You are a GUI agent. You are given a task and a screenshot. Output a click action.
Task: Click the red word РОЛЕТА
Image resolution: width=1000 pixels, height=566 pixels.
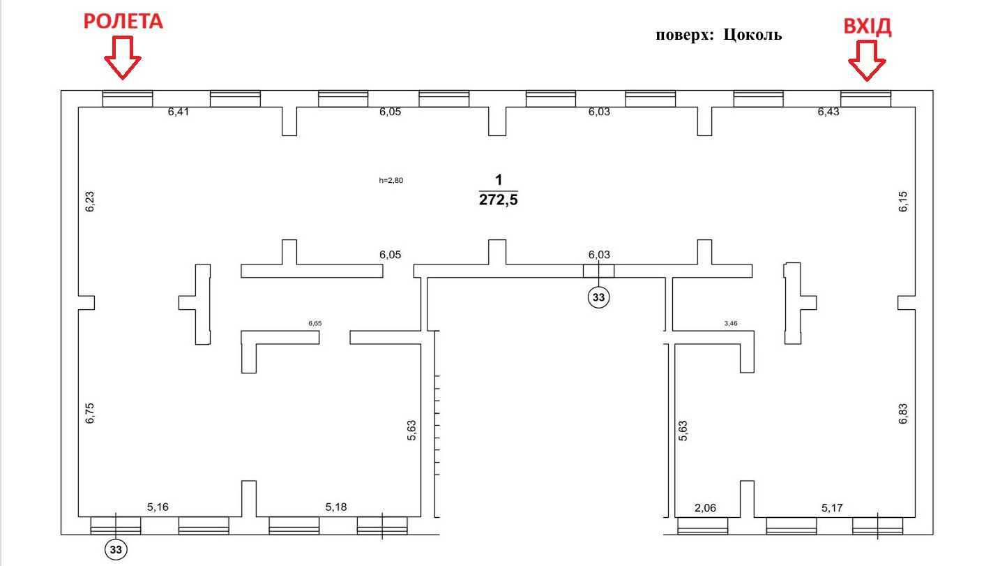pyautogui.click(x=123, y=22)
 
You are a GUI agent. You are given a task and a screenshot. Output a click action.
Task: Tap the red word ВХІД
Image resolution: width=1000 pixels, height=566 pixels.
pyautogui.click(x=868, y=27)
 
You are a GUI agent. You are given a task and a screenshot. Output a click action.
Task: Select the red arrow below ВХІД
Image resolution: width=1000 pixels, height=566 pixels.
pyautogui.click(x=867, y=61)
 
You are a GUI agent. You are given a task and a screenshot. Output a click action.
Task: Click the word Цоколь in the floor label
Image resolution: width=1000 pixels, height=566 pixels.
pyautogui.click(x=752, y=35)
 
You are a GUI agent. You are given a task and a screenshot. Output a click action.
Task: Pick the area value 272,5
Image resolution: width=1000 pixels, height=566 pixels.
pyautogui.click(x=498, y=200)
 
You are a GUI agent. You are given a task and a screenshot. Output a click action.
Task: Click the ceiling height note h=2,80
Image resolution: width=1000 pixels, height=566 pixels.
pyautogui.click(x=391, y=180)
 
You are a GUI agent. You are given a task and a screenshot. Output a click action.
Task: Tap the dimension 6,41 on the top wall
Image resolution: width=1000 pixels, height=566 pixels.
pyautogui.click(x=179, y=111)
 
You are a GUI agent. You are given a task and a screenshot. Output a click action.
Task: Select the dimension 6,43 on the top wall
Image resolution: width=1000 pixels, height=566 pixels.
pyautogui.click(x=828, y=112)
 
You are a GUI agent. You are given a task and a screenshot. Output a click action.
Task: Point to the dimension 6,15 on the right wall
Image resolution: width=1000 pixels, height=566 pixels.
pyautogui.click(x=904, y=201)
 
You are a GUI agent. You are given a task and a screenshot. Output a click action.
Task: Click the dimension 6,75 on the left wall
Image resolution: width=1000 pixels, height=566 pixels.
pyautogui.click(x=89, y=413)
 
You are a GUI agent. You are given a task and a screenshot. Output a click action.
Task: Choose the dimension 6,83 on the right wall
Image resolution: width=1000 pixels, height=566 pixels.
pyautogui.click(x=904, y=413)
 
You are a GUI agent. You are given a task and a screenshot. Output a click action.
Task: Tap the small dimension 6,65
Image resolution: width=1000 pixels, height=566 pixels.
pyautogui.click(x=315, y=324)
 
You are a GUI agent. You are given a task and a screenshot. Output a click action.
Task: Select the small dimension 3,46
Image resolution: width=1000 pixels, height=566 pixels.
pyautogui.click(x=732, y=324)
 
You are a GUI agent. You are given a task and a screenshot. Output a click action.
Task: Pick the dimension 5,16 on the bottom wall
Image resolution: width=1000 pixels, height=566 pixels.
pyautogui.click(x=158, y=508)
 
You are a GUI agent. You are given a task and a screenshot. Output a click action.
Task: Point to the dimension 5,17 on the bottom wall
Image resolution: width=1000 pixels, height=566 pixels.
pyautogui.click(x=832, y=508)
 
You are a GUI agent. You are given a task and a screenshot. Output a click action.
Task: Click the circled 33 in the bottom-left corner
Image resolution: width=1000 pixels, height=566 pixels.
pyautogui.click(x=116, y=550)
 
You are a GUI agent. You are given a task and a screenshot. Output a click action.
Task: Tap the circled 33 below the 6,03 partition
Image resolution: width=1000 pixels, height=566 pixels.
pyautogui.click(x=598, y=297)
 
